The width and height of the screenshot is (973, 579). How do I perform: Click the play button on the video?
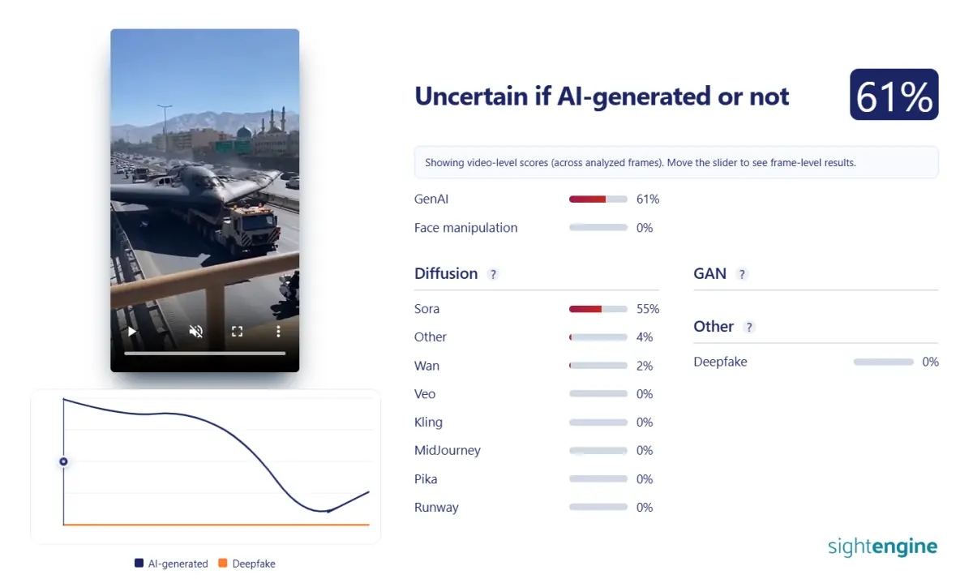tap(132, 332)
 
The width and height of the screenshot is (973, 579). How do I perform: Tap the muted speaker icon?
tap(196, 332)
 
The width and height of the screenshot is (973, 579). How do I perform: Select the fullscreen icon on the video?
tap(237, 332)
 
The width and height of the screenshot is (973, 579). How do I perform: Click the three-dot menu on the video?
tap(278, 332)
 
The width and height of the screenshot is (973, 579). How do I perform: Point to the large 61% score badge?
tap(894, 94)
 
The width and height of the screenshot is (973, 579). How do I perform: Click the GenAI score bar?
tap(598, 199)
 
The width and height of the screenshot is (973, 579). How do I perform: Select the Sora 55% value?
tap(648, 309)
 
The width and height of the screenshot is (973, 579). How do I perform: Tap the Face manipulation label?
tap(465, 228)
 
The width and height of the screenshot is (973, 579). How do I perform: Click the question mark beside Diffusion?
tap(493, 275)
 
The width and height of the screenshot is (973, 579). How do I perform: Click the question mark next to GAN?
tap(742, 275)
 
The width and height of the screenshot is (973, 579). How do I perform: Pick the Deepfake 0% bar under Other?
tap(884, 362)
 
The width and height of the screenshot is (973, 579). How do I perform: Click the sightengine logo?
tap(883, 547)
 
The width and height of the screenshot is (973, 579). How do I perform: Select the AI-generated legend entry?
tap(171, 564)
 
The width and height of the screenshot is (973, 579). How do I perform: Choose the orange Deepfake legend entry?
tap(246, 564)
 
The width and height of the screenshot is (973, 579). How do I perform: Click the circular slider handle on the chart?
tap(63, 461)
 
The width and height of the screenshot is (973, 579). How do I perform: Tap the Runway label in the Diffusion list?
tap(436, 508)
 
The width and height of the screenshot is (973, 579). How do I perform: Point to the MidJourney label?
tap(448, 450)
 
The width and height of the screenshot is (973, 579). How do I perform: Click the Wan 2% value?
tap(644, 366)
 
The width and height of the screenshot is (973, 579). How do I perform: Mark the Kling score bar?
tap(598, 422)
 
